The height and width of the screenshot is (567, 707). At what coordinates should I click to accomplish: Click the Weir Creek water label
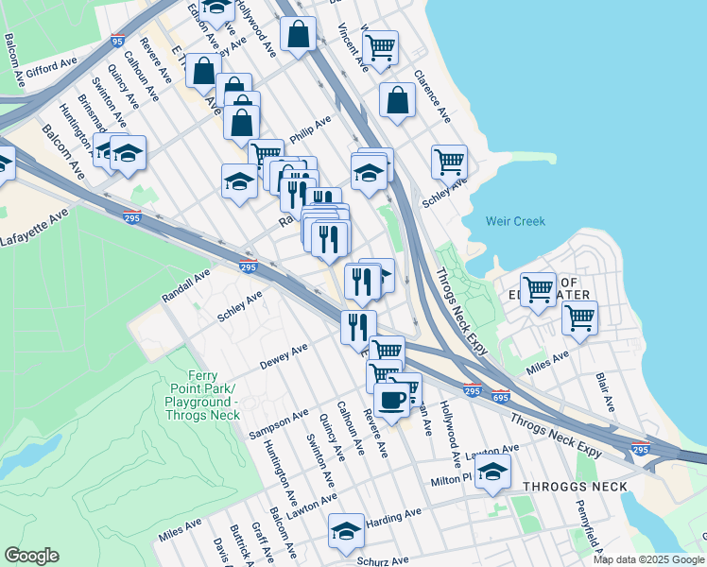[515, 221]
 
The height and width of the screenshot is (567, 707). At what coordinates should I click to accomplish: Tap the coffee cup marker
[392, 399]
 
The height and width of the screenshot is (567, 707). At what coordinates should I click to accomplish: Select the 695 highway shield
[501, 395]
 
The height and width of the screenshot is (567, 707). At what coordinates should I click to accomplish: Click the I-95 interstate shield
[117, 41]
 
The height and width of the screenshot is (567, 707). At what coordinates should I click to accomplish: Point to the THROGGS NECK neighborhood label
[569, 487]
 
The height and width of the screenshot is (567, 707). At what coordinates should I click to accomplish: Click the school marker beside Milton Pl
[492, 472]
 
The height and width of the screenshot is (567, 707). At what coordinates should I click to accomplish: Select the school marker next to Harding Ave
[346, 532]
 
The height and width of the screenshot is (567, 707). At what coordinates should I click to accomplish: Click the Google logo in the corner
[31, 556]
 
